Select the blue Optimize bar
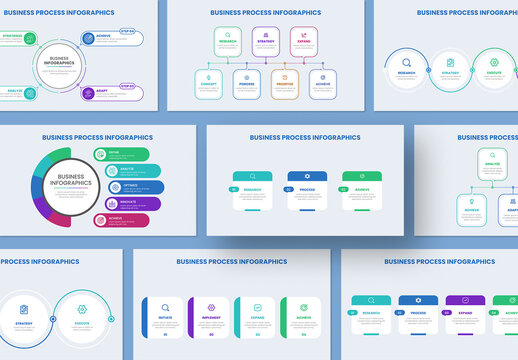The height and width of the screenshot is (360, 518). click(x=129, y=186)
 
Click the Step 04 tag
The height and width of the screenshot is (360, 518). click(x=127, y=31)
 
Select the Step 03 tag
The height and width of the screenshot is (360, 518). click(x=127, y=86)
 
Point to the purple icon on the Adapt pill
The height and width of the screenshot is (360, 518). click(x=89, y=93)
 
